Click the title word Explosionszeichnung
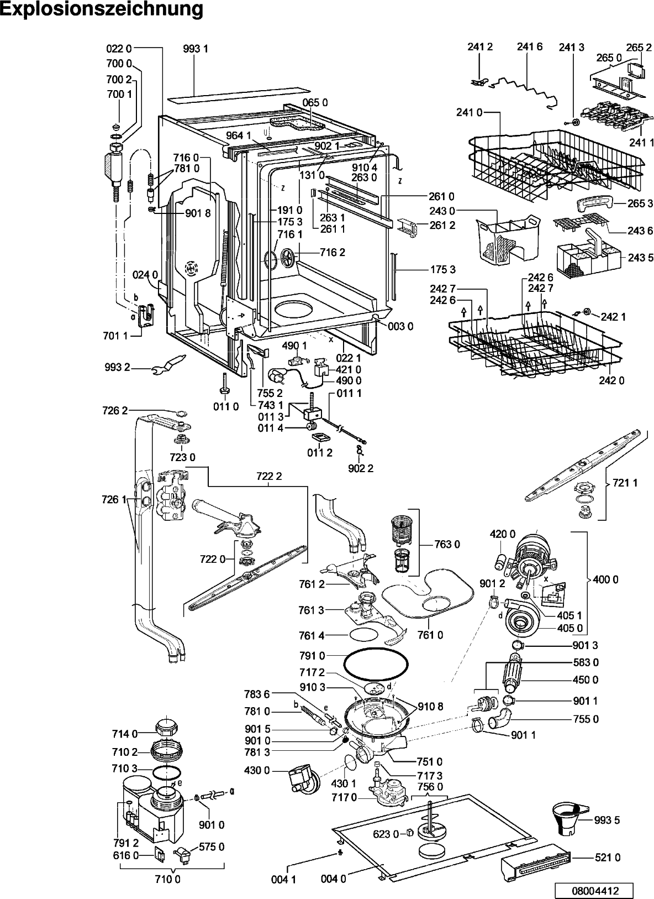click(102, 9)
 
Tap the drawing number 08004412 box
click(595, 890)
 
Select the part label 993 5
click(607, 820)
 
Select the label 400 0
click(605, 579)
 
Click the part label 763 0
click(447, 544)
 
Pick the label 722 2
click(269, 477)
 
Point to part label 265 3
click(640, 203)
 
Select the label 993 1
click(196, 49)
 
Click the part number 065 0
click(315, 103)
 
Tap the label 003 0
click(400, 326)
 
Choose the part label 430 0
click(257, 770)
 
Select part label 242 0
click(611, 380)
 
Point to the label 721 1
click(625, 483)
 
